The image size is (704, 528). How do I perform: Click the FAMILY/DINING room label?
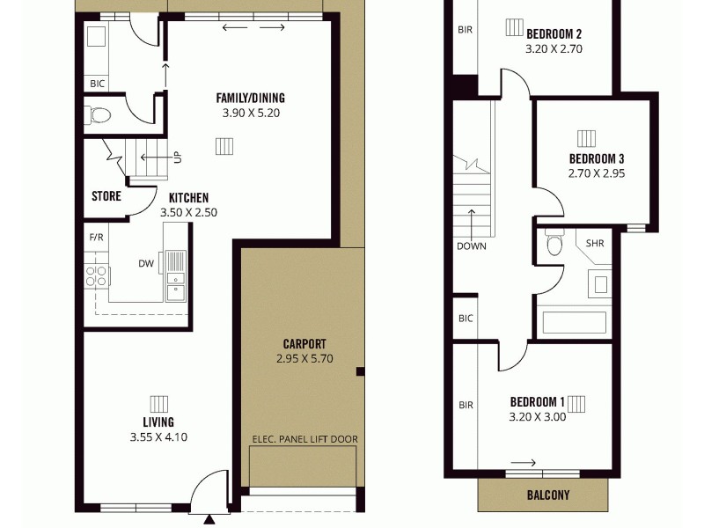[250, 98]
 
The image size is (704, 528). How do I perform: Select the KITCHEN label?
[188, 198]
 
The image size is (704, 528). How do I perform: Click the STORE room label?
[106, 196]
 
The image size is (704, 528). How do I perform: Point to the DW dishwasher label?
[146, 262]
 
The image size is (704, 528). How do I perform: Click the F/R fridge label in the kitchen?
[96, 238]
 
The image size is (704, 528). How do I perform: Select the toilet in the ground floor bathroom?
[99, 114]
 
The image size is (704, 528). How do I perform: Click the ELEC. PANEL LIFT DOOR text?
[304, 439]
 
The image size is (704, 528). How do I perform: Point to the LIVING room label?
[158, 422]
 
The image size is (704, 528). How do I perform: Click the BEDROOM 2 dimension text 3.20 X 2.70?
[554, 50]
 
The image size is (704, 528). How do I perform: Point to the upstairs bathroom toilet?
[554, 243]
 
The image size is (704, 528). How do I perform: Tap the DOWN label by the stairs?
[471, 246]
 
